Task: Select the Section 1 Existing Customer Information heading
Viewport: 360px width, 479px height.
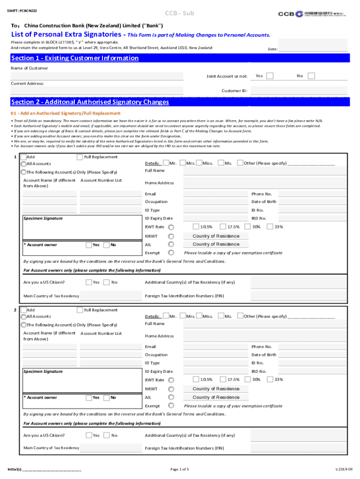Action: pos(75,58)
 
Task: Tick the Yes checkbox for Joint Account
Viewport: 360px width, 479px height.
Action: pos(270,76)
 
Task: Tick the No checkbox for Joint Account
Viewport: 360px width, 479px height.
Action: pos(311,76)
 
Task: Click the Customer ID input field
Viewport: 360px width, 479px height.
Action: pos(299,90)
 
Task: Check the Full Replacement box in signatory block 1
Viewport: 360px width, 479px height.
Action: pos(79,157)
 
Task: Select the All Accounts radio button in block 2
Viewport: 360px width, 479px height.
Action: pos(23,317)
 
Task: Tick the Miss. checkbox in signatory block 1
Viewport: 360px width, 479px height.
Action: pos(199,163)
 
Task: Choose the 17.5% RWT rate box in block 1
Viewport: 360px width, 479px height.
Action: pos(223,227)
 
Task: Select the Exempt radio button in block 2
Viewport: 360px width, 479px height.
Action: pos(171,406)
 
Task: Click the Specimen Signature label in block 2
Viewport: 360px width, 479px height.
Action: pos(43,371)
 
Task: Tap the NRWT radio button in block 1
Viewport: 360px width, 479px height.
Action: pos(171,236)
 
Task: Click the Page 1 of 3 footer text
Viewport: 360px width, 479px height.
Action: pos(180,469)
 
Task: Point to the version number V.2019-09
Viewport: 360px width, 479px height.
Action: pos(344,469)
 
